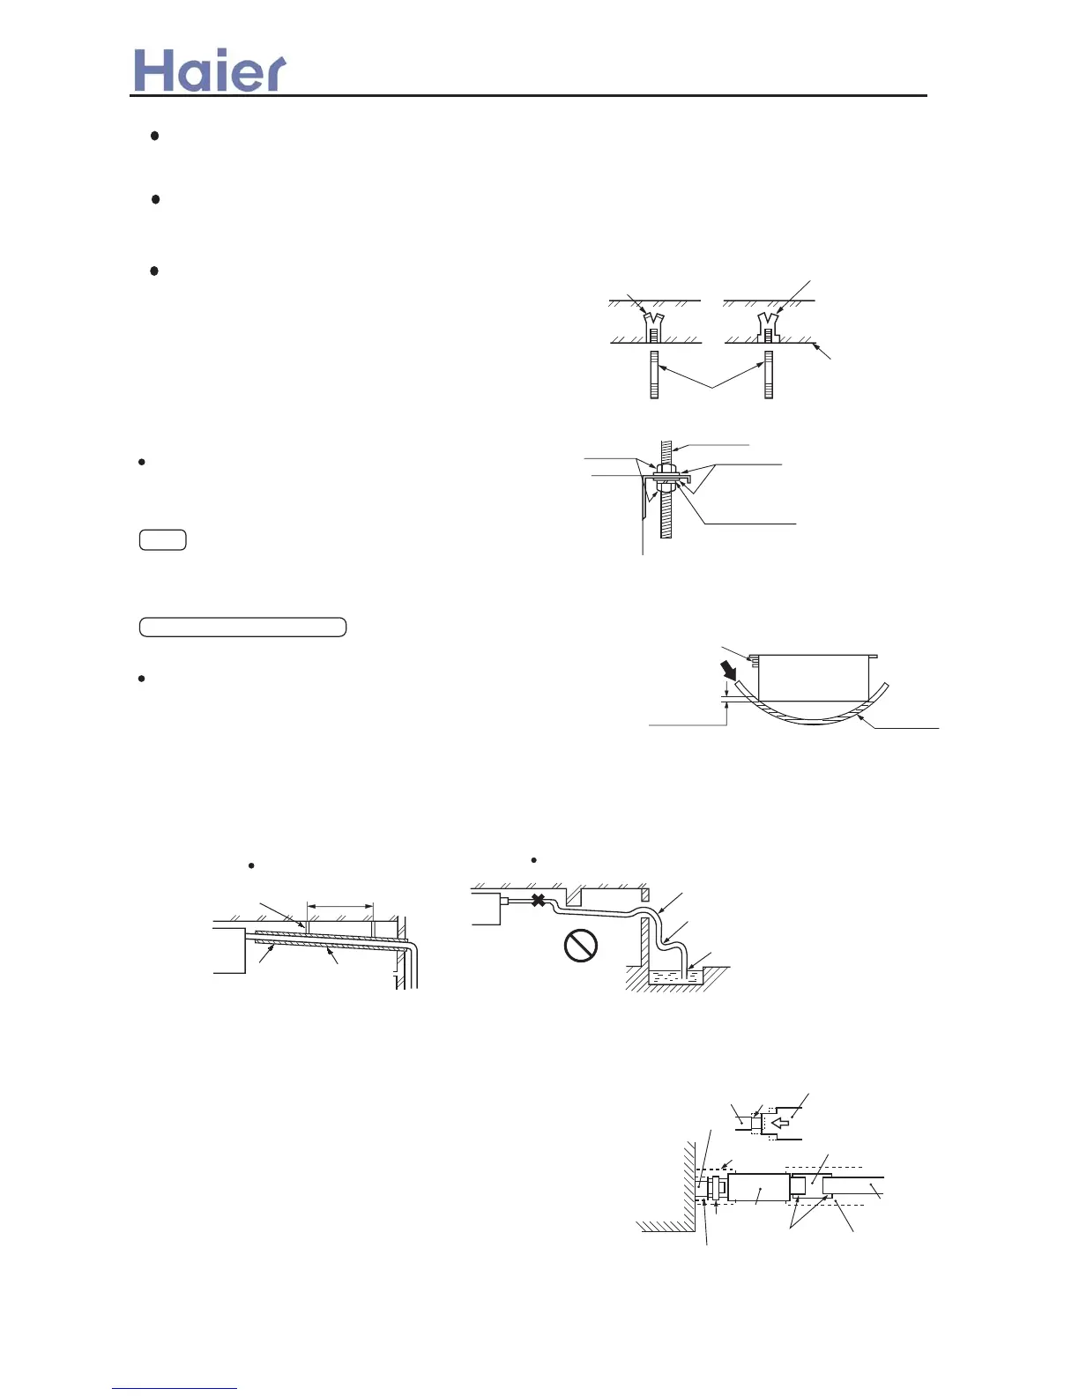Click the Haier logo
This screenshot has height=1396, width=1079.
coord(210,71)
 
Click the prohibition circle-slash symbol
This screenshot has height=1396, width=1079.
coord(580,946)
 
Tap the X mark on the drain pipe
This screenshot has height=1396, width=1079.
coord(538,900)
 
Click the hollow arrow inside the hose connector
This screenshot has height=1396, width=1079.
coord(780,1124)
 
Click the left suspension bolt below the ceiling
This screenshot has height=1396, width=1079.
coord(654,375)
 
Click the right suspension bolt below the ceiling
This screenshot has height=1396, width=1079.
coord(769,375)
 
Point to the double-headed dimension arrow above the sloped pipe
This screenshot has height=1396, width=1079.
coord(340,905)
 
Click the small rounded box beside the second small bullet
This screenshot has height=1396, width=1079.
coord(162,540)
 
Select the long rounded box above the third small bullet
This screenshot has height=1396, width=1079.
coord(242,627)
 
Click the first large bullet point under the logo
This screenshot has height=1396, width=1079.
coord(154,136)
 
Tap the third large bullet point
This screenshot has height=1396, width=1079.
coord(154,271)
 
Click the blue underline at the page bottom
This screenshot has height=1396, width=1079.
coord(175,1389)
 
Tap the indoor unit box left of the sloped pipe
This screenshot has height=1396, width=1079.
coord(229,947)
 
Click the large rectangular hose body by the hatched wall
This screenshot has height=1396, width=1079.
coord(758,1187)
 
